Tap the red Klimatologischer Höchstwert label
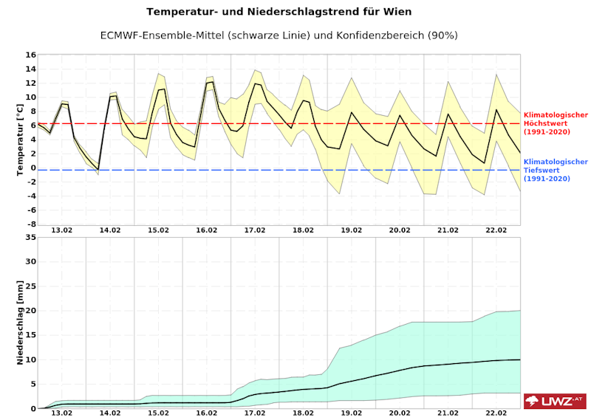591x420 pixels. coord(556,123)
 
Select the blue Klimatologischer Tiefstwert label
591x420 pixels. coord(556,170)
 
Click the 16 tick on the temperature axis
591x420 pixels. coord(31,55)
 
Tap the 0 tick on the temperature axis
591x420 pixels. coord(33,168)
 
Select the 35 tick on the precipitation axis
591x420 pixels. coord(31,237)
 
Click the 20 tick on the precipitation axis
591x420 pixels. coord(31,311)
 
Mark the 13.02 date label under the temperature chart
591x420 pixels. coord(62,230)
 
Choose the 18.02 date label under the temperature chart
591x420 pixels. coord(304,230)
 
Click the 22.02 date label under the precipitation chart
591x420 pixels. coord(496,414)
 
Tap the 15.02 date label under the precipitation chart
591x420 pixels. coord(159,414)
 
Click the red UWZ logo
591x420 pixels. coord(554,401)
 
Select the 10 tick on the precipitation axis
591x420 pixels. coord(31,359)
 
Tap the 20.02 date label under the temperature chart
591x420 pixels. coord(400,230)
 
